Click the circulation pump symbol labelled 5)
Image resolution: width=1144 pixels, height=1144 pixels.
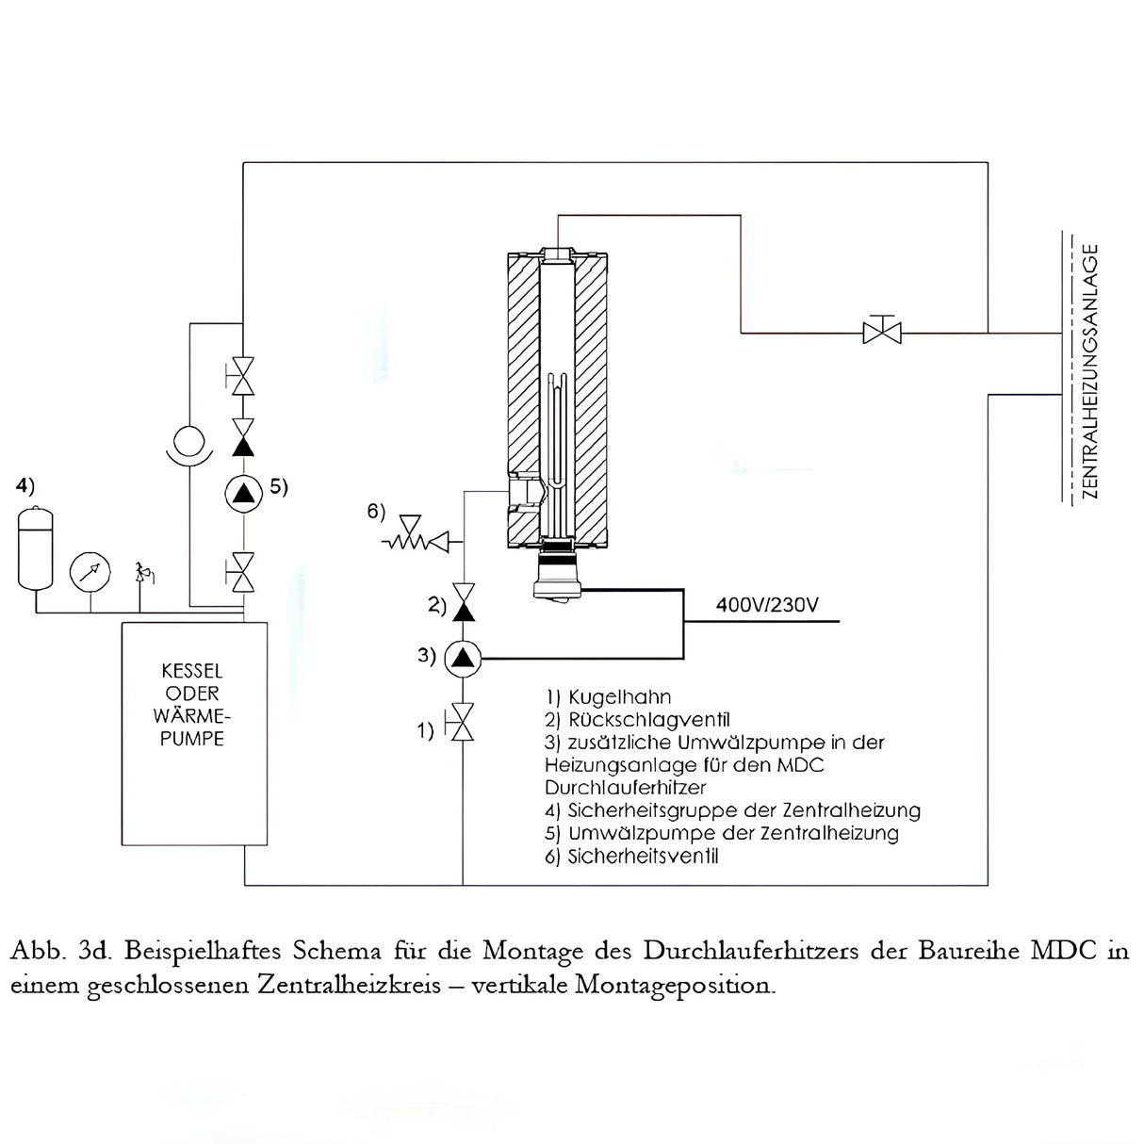click(243, 493)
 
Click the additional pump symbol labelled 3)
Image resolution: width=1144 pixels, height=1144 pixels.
click(463, 657)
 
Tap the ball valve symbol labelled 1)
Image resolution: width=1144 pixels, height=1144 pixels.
click(462, 723)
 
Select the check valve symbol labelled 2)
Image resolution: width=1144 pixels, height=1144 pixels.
click(463, 603)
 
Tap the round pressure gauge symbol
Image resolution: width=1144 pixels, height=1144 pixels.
click(90, 572)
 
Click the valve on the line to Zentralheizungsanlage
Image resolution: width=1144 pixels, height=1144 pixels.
click(882, 331)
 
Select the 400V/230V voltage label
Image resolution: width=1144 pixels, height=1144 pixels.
click(767, 605)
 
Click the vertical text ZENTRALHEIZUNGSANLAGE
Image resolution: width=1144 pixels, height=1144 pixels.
click(1090, 371)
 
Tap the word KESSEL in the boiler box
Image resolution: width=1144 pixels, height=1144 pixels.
click(192, 671)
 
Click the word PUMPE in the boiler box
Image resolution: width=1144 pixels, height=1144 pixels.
click(192, 739)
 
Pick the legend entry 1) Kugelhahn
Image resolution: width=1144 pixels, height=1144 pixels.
click(609, 697)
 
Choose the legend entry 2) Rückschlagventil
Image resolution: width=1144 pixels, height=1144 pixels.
click(637, 720)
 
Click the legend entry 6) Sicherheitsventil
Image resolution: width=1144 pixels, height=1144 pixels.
click(631, 856)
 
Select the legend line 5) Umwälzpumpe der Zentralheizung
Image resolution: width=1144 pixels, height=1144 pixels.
click(722, 833)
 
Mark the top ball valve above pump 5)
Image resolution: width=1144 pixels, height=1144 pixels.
click(243, 377)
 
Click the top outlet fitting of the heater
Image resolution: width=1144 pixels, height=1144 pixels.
click(558, 254)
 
